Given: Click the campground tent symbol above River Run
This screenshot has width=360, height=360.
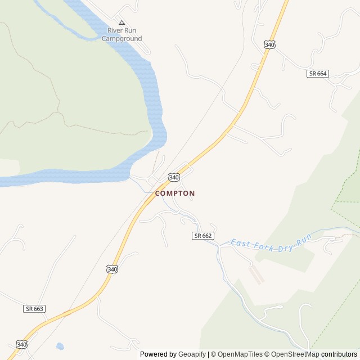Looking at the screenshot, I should pos(121,22).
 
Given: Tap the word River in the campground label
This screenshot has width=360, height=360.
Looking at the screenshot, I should pos(115,30).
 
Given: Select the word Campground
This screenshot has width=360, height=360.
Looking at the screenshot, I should pos(121,39).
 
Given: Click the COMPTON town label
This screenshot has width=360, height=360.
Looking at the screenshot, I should pos(175,193).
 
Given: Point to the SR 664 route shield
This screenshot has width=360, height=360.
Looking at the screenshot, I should pos(318,74).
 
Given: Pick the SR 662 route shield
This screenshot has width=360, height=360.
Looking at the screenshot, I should pos(203,236).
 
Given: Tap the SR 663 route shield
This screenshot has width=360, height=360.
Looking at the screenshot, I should pos(34,309).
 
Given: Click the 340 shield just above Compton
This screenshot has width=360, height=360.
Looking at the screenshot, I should pos(174,177).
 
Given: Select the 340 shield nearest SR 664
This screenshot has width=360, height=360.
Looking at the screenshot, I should pos(269,44).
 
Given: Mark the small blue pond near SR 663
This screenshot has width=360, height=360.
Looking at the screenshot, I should pos(59,346).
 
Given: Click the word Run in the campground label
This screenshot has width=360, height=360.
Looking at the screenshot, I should pos(130,30).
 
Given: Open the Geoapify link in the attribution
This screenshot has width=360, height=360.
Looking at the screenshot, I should pos(192,354).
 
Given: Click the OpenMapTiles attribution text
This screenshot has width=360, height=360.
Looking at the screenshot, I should pos(237,354).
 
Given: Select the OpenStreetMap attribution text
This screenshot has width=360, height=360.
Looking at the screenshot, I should pos(295,354).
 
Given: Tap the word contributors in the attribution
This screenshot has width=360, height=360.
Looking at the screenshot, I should pos(339,354).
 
